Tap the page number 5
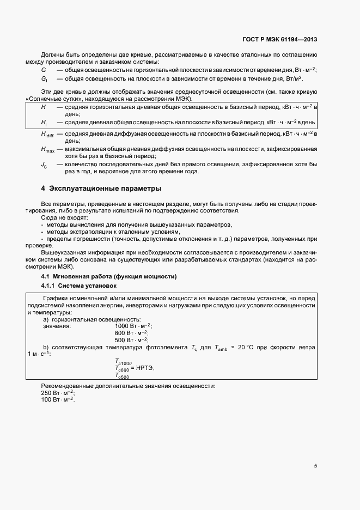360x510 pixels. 315,466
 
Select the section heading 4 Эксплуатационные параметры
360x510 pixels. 101,189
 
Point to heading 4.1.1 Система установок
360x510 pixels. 78,286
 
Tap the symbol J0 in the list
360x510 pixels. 44,165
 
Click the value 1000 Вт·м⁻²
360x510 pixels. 133,326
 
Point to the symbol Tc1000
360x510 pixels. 123,362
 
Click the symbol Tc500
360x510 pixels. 122,376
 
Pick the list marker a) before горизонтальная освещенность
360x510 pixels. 46,319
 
